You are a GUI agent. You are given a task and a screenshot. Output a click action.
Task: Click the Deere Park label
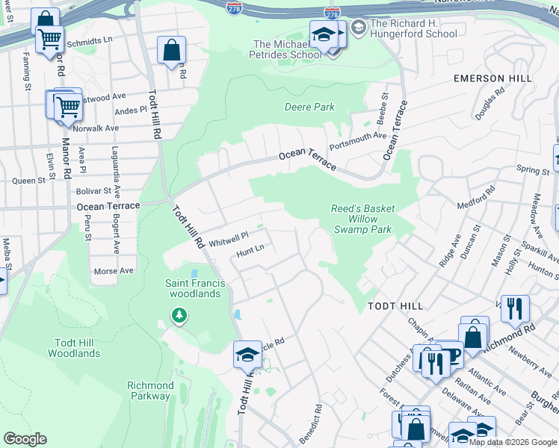coord(309,107)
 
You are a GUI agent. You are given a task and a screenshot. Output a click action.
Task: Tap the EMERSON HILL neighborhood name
coord(492,78)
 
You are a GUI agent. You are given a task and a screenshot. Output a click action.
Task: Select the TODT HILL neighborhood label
coord(395,306)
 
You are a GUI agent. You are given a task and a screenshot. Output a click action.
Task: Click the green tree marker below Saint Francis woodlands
coord(179,316)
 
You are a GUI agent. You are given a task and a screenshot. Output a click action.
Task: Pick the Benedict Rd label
coord(318,420)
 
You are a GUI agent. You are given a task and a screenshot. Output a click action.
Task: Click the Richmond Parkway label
coord(150,391)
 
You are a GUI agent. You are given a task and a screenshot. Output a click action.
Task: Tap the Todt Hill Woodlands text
coord(73,348)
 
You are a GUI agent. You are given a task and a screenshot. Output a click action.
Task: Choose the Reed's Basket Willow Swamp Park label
coord(362,220)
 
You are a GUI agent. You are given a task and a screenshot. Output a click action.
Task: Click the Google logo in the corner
coord(25,439)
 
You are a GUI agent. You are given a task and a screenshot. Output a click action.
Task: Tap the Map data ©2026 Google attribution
coord(513,442)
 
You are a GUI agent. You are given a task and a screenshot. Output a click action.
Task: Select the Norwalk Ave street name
coord(96,128)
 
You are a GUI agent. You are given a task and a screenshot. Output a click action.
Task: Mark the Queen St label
coord(29,181)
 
